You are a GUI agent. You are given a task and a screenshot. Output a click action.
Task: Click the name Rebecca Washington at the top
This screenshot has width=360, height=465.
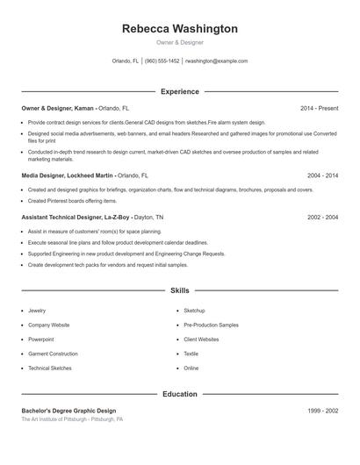pos(179,29)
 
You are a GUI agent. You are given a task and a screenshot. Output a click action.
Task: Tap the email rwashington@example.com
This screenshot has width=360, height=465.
pos(216,61)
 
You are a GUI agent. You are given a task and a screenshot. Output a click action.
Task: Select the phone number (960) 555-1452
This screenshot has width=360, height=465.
pos(162,61)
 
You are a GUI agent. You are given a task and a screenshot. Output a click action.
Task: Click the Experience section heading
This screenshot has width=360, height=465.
pos(179,91)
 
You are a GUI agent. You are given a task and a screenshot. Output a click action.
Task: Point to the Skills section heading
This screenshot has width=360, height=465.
pos(179,290)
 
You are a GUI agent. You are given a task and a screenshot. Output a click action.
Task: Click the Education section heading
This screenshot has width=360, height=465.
pos(179,394)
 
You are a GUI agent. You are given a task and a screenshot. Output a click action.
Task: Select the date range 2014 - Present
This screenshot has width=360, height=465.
pos(319,108)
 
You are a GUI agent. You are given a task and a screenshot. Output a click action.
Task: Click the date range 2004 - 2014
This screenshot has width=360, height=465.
pos(322,175)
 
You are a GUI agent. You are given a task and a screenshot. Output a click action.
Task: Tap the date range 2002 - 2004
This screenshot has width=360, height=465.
pos(322,217)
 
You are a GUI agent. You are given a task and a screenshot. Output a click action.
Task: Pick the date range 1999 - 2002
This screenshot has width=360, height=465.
pos(322,411)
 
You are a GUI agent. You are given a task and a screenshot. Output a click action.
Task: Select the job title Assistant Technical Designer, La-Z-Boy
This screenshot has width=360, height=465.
pos(76,217)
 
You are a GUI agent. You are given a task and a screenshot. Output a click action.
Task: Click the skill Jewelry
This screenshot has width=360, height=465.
pos(37,311)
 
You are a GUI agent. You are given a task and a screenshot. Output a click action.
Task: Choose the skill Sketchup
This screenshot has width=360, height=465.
pos(194,311)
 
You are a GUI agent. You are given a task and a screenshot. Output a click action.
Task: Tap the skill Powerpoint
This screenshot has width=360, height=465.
pos(40,340)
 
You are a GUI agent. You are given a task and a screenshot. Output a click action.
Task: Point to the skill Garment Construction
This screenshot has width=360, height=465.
pos(53,354)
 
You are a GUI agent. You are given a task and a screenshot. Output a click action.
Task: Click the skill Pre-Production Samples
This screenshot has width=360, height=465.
pos(211,325)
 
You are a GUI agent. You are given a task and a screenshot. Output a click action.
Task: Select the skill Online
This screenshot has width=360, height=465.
pos(191,368)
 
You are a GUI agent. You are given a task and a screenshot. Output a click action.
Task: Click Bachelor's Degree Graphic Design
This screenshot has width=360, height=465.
pos(68,411)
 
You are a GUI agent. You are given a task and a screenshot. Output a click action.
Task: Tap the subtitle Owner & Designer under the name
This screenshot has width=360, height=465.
pos(179,42)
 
